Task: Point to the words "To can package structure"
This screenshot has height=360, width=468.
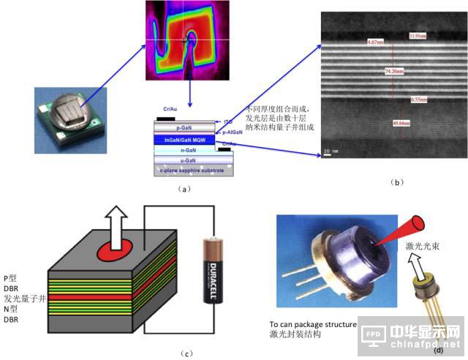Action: [x=312, y=323]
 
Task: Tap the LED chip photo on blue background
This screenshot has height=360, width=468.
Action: [x=65, y=115]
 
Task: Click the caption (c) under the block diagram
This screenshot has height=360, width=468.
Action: [x=188, y=353]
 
